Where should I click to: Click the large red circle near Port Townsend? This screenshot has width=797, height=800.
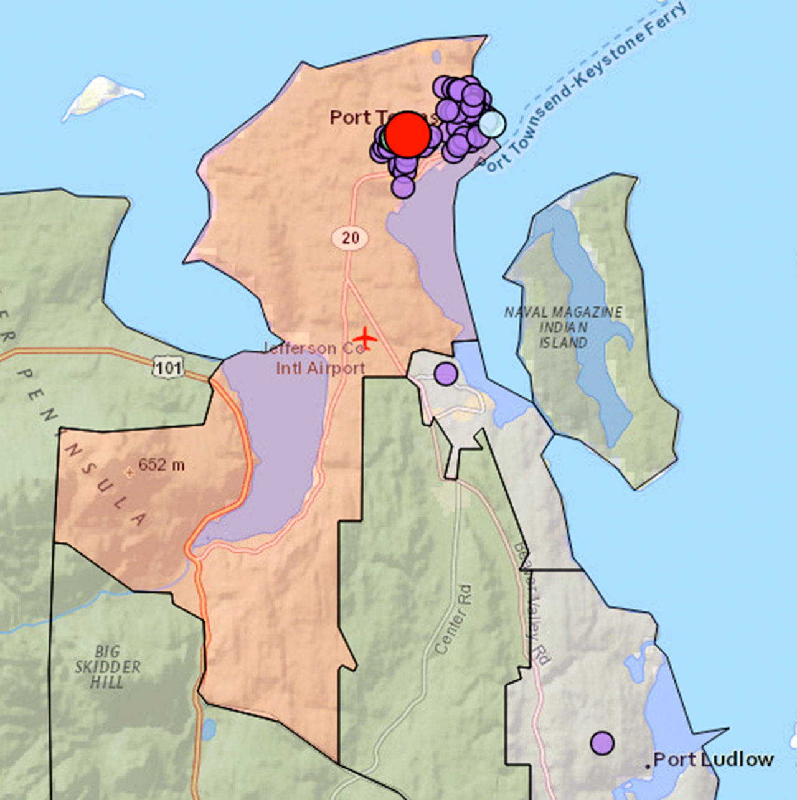point(407,134)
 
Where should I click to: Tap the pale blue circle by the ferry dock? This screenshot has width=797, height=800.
point(491,123)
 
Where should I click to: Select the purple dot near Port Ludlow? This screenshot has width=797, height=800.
point(602,742)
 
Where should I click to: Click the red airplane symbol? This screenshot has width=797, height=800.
point(365,339)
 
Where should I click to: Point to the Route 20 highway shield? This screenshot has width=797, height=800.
point(350,237)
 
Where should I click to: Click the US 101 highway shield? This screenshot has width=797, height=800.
point(169,367)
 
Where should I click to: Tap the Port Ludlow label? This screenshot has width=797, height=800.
point(714,760)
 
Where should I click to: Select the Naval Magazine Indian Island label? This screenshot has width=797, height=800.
point(563,327)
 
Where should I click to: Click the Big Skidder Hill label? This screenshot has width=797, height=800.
point(108,667)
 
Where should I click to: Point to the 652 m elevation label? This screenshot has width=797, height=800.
point(161,465)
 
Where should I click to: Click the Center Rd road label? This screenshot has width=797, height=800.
point(453,619)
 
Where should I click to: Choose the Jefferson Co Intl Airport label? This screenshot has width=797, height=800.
point(318,358)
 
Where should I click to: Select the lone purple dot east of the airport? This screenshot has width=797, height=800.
point(445,374)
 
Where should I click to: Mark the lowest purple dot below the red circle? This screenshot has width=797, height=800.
point(403,186)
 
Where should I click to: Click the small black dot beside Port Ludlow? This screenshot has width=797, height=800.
point(648,765)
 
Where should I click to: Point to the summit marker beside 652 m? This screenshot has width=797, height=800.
point(130,472)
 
